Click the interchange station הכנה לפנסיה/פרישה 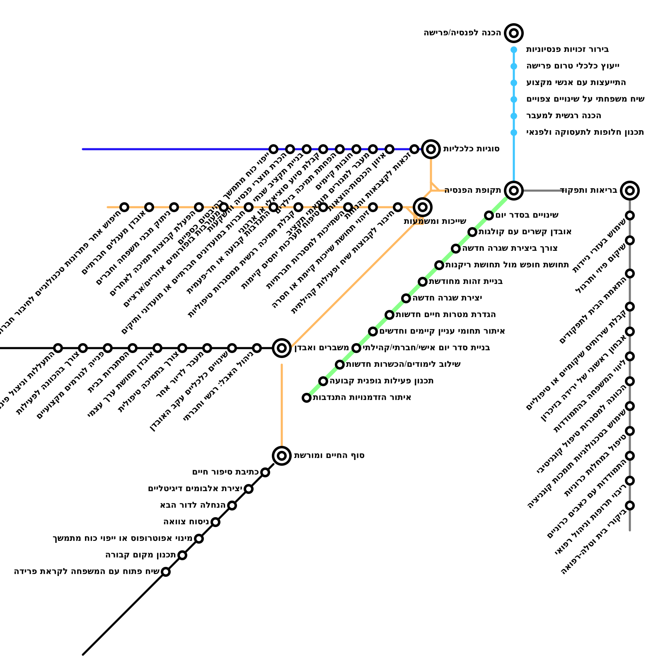click(x=514, y=33)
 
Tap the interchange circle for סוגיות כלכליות click(x=431, y=149)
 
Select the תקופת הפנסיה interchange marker click(x=514, y=190)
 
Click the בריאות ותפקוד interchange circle click(x=630, y=190)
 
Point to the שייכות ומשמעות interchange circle click(x=423, y=207)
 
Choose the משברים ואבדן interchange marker click(x=282, y=348)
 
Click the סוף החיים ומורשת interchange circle click(x=282, y=455)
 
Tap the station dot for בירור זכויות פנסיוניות click(x=514, y=50)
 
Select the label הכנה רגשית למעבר click(x=564, y=116)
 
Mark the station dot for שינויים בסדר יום click(x=489, y=215)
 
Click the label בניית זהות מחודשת click(x=466, y=281)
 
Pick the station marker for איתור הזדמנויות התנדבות click(x=307, y=397)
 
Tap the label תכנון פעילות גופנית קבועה click(x=382, y=381)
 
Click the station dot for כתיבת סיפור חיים click(x=265, y=472)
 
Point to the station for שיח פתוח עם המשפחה click(x=166, y=571)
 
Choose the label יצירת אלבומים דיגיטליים click(x=195, y=489)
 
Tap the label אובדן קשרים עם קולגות click(x=525, y=232)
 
